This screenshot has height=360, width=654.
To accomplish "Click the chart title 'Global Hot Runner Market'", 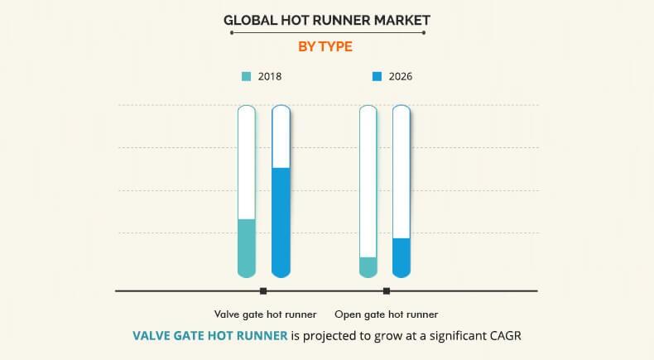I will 326,18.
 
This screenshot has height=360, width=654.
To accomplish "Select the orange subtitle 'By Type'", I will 326,46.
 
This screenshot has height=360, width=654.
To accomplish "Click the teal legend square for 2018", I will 246,77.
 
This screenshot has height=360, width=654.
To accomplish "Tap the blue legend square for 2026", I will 377,77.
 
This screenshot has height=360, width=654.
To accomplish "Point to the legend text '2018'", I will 270,77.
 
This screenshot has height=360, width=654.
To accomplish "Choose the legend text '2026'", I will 401,77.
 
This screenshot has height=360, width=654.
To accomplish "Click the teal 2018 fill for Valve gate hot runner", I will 247,247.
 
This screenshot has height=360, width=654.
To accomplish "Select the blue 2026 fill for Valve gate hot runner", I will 281,222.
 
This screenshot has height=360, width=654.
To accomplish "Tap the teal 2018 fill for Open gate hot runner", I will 368,266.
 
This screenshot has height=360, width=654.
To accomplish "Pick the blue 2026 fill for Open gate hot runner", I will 402,257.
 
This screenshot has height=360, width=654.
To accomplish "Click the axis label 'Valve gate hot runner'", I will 265,314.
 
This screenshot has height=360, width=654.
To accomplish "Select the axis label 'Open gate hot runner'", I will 386,314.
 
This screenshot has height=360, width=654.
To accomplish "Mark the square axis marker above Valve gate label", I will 263,290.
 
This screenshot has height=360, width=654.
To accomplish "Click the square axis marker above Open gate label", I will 387,290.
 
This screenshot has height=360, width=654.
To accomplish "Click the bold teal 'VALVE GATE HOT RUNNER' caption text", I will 210,336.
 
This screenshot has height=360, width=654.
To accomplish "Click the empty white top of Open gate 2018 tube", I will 368,182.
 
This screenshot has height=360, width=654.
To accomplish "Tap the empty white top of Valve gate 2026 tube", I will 281,137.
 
